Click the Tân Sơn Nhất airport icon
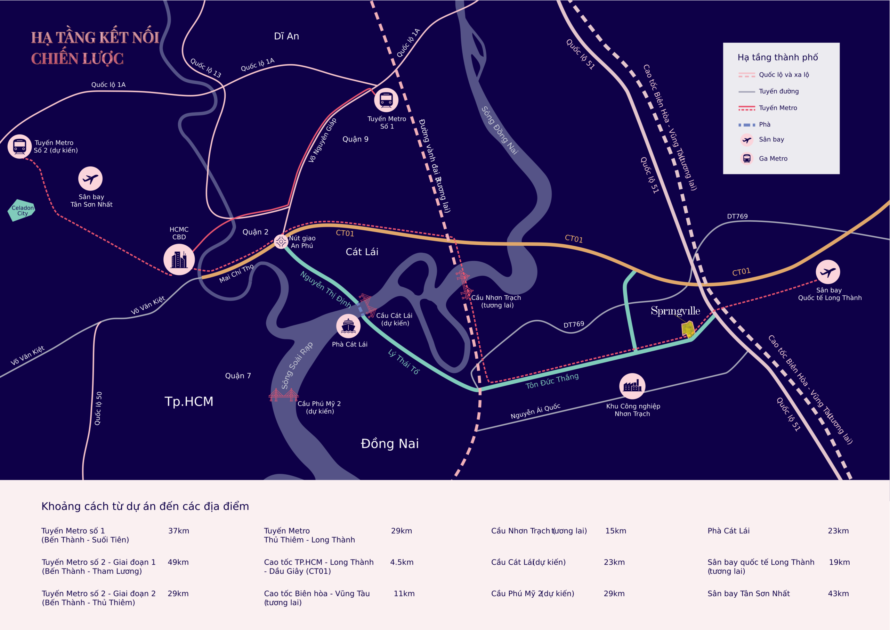click(x=90, y=179)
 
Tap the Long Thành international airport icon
click(x=828, y=272)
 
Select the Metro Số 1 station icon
click(x=386, y=100)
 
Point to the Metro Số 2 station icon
click(x=19, y=147)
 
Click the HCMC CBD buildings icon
click(x=179, y=260)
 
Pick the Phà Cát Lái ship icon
click(x=348, y=326)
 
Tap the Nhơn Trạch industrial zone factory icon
click(x=632, y=386)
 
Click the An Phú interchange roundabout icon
click(x=281, y=241)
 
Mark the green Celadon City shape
click(x=22, y=210)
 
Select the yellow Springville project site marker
click(x=688, y=329)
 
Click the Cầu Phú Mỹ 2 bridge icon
click(x=284, y=395)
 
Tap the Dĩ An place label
click(x=286, y=36)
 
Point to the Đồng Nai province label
click(x=390, y=443)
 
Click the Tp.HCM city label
click(x=189, y=401)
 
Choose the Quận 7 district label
click(x=238, y=376)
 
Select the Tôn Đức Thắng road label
click(x=552, y=381)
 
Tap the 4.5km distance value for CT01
click(x=402, y=562)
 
